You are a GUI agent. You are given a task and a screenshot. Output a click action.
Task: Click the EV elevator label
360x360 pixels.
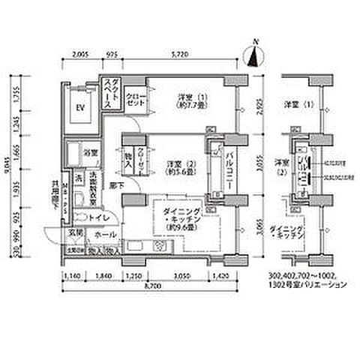tap(80, 106)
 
